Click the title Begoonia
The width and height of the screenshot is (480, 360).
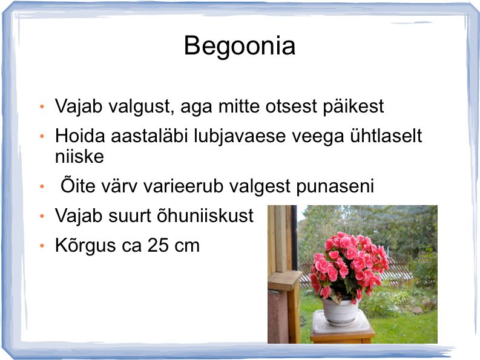coord(240,46)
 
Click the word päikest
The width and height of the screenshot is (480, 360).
coord(353,106)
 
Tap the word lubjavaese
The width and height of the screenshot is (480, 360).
coord(240,136)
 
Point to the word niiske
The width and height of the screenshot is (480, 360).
coord(79,157)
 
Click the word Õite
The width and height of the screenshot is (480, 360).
coord(77,186)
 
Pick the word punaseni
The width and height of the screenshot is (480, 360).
coord(335,186)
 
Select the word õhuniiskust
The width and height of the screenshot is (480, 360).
coord(205,215)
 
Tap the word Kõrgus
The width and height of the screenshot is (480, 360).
coord(85,246)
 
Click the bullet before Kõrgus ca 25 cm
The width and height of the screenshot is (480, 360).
coord(42,246)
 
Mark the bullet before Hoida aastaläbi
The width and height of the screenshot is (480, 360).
coord(42,137)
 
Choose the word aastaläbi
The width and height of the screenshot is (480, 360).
coord(149,136)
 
